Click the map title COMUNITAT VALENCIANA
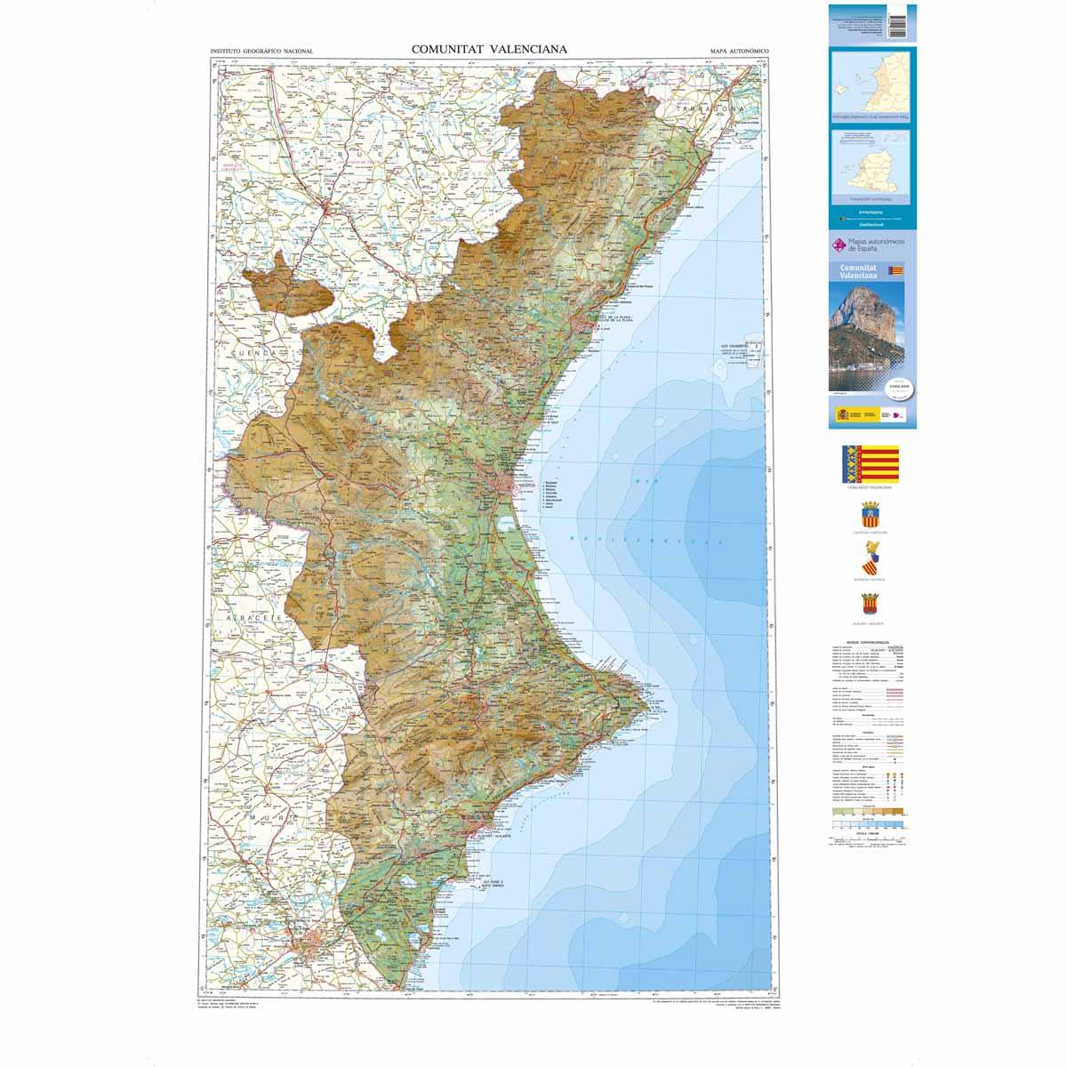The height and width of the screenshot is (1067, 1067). pos(488,50)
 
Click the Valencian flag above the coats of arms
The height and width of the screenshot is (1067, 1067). pos(870,464)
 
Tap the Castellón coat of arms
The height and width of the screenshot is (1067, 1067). pos(870,515)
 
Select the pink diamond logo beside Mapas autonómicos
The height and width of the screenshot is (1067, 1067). pos(835,245)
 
